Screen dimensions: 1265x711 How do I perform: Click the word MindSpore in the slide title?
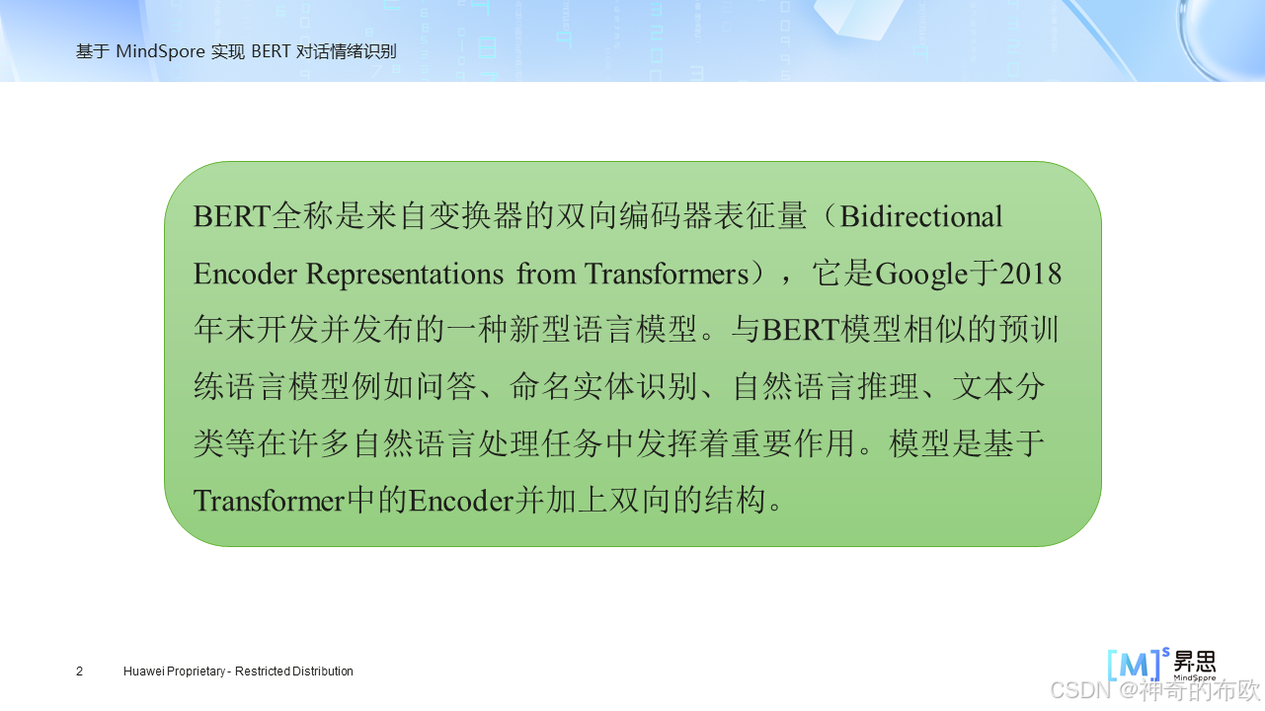pos(160,51)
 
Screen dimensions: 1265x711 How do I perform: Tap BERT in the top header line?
pos(271,51)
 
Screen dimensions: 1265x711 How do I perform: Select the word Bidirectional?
pos(921,216)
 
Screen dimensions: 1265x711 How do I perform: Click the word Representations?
pos(404,274)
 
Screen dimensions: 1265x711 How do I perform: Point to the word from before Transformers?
pos(546,274)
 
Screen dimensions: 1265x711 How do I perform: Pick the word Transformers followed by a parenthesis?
pos(667,274)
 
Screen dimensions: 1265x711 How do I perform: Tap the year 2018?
pos(1031,274)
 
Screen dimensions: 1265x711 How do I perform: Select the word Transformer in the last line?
pos(269,501)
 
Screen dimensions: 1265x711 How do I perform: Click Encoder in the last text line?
pos(461,501)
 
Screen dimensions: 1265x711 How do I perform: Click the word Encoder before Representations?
pos(245,274)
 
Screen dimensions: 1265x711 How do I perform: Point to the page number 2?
pos(80,671)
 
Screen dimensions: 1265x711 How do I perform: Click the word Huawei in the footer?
pos(144,671)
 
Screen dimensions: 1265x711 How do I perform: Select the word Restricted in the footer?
pos(258,671)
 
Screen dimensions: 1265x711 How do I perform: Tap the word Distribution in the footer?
pos(319,671)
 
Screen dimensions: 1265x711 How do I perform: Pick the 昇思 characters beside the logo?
pos(1195,662)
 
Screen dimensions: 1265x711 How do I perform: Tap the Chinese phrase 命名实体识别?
pos(603,387)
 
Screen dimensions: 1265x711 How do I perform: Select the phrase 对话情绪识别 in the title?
pos(347,51)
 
